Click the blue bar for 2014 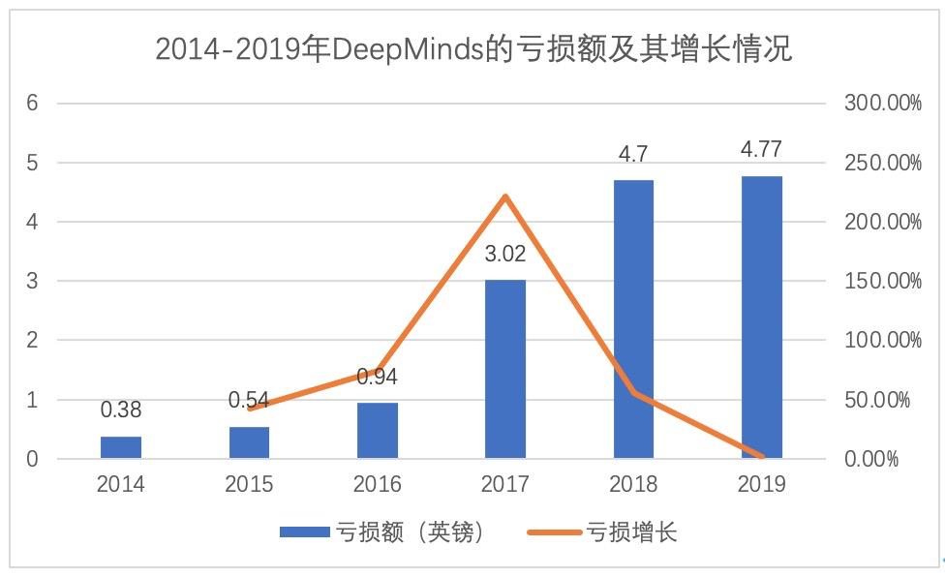(x=121, y=447)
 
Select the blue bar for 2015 (x=249, y=442)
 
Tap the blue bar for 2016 (x=378, y=430)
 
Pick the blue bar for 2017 (x=505, y=369)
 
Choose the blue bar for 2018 (x=633, y=319)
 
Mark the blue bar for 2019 (x=761, y=317)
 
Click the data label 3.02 (x=505, y=257)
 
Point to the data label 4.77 (x=761, y=150)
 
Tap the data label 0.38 (x=121, y=410)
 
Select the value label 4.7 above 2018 (x=633, y=154)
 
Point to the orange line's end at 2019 (x=761, y=456)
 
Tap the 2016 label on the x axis (x=378, y=484)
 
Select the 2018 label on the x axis (x=633, y=484)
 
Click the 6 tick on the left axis (x=32, y=103)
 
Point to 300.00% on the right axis (x=883, y=103)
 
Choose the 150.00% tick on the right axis (x=883, y=281)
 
